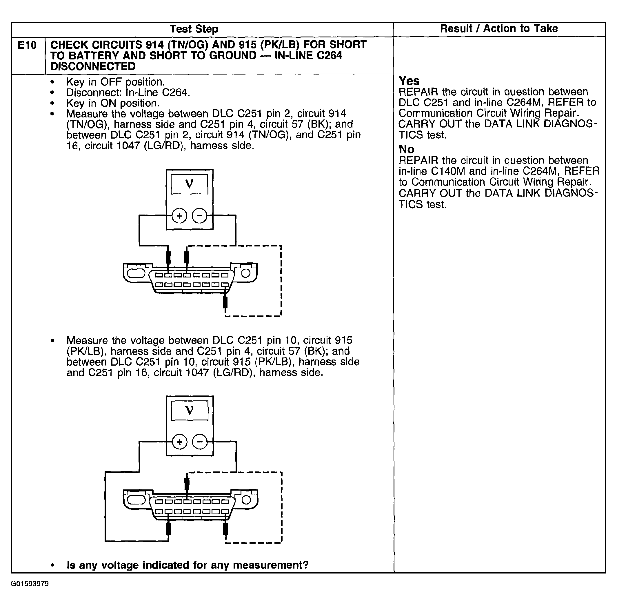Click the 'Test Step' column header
click(x=194, y=29)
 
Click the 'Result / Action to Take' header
click(x=498, y=29)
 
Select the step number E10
click(x=27, y=45)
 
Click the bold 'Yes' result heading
click(x=409, y=81)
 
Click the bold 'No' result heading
click(x=406, y=149)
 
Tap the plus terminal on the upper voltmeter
click(x=179, y=216)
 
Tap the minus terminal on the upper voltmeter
click(x=199, y=216)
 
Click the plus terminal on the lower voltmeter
click(x=180, y=442)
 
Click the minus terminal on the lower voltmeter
click(x=200, y=442)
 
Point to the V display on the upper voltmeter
click(x=189, y=184)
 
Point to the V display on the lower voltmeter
click(x=190, y=410)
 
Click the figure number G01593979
click(x=30, y=584)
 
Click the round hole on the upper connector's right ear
click(x=245, y=273)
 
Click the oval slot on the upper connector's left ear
click(x=136, y=273)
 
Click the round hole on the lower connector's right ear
click(x=246, y=500)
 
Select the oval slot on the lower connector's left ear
click(x=136, y=500)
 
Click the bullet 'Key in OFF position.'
click(x=115, y=82)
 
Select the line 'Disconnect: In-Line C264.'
click(x=128, y=92)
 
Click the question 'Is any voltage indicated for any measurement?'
click(x=188, y=565)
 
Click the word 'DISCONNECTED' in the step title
click(x=93, y=66)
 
